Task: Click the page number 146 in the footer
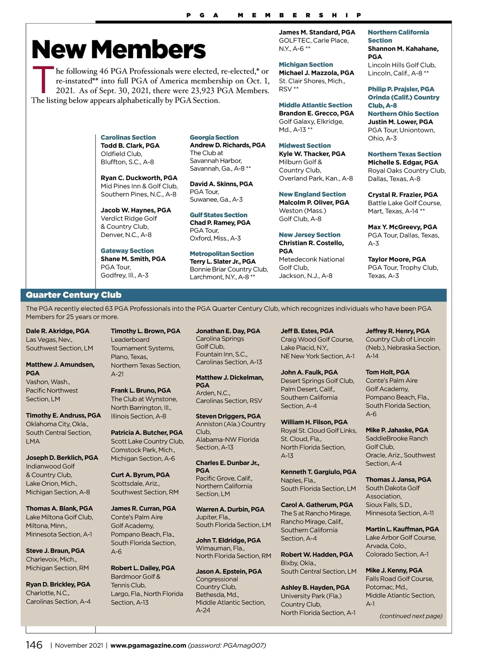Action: point(34,645)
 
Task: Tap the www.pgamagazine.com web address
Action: point(148,645)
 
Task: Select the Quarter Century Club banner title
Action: point(74,295)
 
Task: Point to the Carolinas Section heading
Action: point(128,138)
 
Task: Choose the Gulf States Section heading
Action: point(218,215)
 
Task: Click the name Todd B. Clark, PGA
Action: point(130,146)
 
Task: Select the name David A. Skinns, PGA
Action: point(221,184)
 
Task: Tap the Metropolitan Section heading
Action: point(222,254)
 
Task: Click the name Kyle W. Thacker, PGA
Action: point(312,154)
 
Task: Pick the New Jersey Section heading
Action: point(309,235)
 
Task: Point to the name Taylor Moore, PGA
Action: point(397,259)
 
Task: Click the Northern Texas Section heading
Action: point(404,154)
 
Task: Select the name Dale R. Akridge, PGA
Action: point(58,331)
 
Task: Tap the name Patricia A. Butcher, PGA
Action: point(147,432)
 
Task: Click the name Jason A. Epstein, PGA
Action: point(229,571)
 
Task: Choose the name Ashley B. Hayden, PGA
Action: point(315,588)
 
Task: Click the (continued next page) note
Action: point(411,616)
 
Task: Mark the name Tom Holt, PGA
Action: point(388,372)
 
